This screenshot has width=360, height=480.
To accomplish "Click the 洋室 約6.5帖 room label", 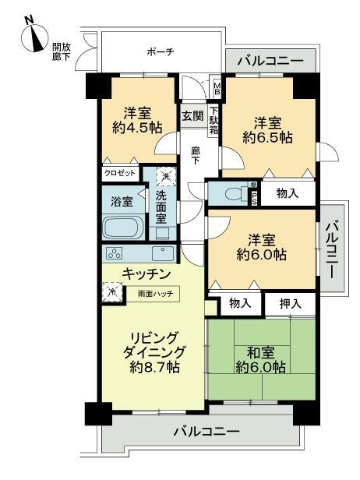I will tap(267, 129).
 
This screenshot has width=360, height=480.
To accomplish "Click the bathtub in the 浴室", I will tap(121, 228).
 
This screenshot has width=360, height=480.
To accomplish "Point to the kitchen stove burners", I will tap(115, 254).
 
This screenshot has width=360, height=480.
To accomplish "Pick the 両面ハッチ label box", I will tap(157, 294).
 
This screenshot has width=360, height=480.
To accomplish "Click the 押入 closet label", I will tap(290, 302).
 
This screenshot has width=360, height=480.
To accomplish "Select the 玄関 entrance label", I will tap(192, 116).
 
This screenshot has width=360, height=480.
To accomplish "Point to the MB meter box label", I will tap(217, 88).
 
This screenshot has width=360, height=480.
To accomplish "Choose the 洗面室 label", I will tap(161, 208).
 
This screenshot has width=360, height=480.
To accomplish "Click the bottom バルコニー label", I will tap(206, 431).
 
